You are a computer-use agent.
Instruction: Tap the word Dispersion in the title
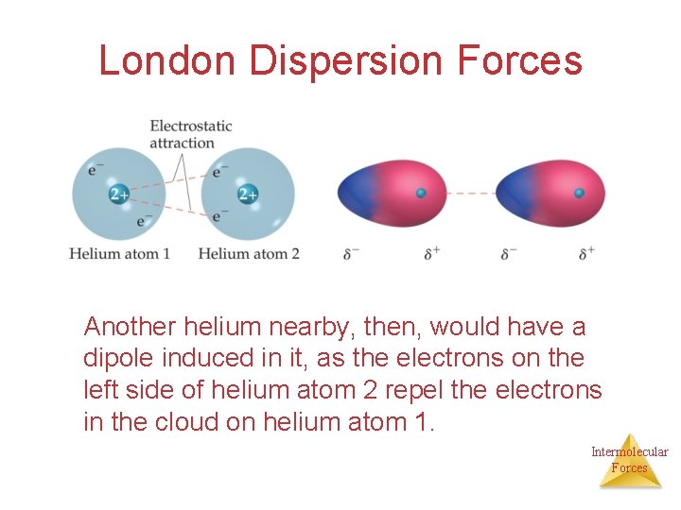[346, 61]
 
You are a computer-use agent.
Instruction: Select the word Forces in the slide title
[519, 61]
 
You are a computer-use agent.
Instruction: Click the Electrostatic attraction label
[190, 134]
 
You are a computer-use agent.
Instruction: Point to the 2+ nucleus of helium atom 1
[118, 195]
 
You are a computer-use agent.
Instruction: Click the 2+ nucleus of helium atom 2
[247, 195]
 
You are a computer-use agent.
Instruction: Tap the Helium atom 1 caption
[119, 253]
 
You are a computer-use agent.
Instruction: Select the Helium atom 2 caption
[248, 253]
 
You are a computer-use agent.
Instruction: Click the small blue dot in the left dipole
[422, 194]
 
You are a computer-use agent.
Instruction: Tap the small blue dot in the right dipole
[579, 194]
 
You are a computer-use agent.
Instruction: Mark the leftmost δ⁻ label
[351, 253]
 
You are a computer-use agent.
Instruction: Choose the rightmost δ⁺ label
[587, 253]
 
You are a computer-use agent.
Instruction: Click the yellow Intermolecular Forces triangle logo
[629, 460]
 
